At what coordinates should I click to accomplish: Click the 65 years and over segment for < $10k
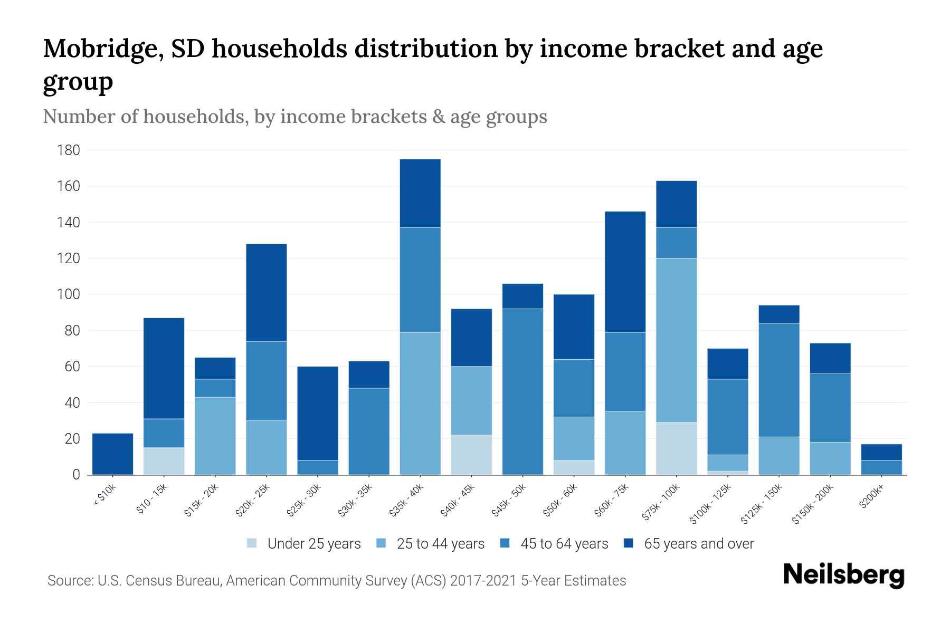coord(112,454)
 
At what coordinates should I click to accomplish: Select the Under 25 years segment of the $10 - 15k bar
coord(164,461)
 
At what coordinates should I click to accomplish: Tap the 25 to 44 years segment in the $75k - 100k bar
coord(676,340)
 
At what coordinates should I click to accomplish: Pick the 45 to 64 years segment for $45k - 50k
coord(522,391)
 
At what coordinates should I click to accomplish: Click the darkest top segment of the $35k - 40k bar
coord(420,193)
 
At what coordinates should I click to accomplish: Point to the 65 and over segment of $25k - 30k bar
coord(318,413)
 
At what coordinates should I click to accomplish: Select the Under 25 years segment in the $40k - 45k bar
coord(471,454)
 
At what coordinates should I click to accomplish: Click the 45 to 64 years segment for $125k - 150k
coord(778,380)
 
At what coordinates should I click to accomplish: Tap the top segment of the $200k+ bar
coord(881,452)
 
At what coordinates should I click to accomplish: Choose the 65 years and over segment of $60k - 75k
coord(625,272)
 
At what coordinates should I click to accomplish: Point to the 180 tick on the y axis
coord(68,150)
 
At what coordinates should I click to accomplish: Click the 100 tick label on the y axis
coord(68,294)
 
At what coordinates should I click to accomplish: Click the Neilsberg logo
coord(843,575)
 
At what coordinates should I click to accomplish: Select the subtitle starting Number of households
coord(294,117)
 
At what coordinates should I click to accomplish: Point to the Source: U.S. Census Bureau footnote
coord(336,581)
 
